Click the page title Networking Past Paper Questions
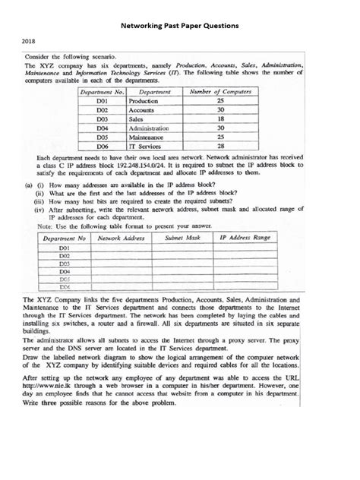[180, 25]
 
